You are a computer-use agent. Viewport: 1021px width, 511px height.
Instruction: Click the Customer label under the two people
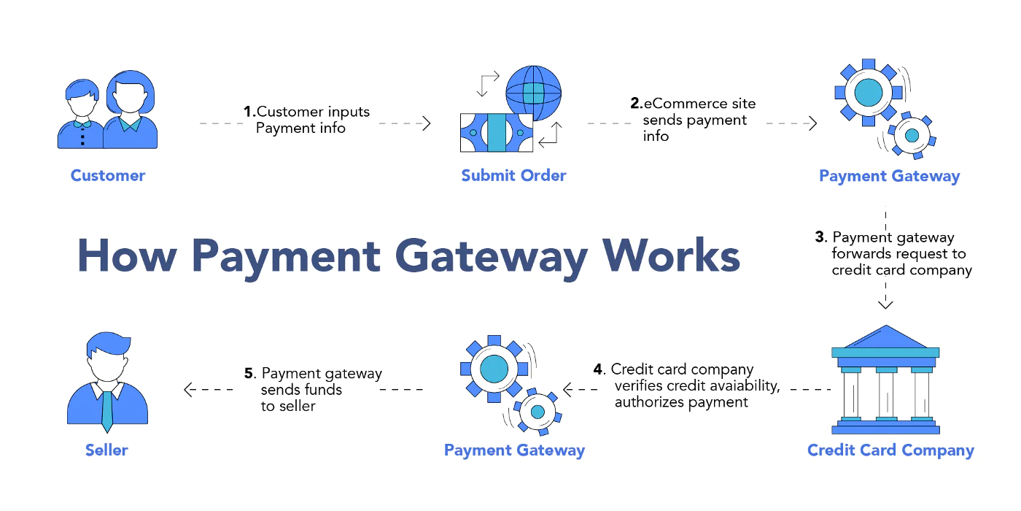tap(108, 175)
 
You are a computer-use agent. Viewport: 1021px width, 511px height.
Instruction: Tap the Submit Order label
tap(513, 175)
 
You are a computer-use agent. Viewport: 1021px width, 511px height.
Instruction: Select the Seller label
tap(106, 450)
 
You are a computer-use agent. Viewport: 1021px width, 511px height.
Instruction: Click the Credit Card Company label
tap(890, 450)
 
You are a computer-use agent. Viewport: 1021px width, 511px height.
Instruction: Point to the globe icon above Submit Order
tap(533, 93)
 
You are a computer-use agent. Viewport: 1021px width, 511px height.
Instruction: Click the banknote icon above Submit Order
tap(497, 133)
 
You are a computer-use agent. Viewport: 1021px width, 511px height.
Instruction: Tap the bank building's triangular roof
tap(885, 337)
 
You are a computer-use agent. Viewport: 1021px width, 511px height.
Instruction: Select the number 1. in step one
tap(249, 111)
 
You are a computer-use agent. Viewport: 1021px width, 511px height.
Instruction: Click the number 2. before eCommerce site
tap(636, 103)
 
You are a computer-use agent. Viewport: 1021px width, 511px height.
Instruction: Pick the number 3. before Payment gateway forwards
tap(821, 237)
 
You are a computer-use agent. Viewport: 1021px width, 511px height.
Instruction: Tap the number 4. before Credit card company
tap(599, 369)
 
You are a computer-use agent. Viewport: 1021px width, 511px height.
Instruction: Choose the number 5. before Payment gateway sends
tap(250, 373)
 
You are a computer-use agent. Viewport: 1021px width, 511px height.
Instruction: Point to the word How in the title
tap(127, 255)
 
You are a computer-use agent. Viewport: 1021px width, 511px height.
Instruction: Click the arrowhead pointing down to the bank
tap(885, 304)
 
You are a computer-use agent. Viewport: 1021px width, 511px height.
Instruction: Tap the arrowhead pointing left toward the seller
tap(189, 390)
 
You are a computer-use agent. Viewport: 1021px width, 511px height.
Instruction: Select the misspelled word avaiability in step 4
tap(726, 385)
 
